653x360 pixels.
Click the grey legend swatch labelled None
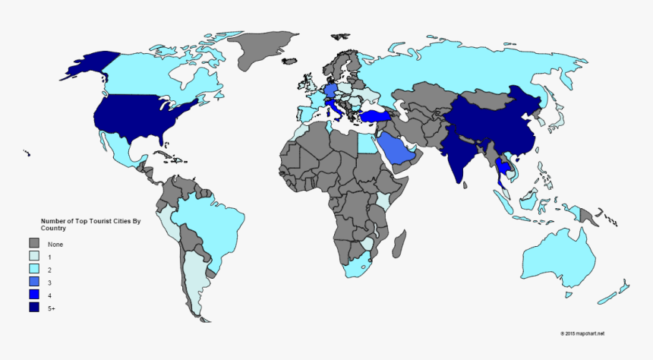(34, 244)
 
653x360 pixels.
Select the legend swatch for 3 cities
(34, 282)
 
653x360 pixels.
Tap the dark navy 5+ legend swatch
(34, 307)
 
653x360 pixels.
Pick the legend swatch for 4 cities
(34, 295)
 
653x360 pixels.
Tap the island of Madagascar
(400, 244)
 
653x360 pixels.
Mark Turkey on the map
(374, 116)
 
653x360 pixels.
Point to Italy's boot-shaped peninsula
(335, 112)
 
